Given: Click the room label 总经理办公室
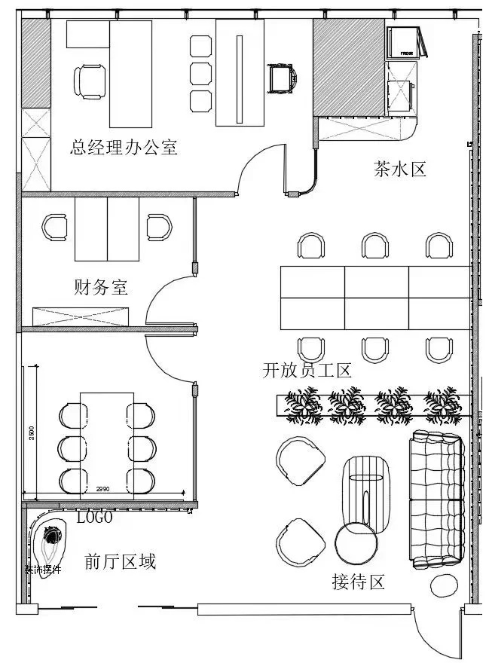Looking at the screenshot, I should tap(124, 147).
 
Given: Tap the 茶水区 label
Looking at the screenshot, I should tap(399, 169).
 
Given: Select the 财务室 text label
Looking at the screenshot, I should tap(101, 287).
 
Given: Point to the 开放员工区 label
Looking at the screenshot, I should tap(307, 371).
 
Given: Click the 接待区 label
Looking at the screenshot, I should tap(358, 582).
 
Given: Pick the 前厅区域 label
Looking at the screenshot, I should tap(120, 561).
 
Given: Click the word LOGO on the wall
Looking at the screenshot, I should tap(95, 518).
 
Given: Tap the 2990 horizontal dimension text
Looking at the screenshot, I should tap(103, 490).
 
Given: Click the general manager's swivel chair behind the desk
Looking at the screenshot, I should tap(90, 81).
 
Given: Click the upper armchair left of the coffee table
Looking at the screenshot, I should tap(301, 460).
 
